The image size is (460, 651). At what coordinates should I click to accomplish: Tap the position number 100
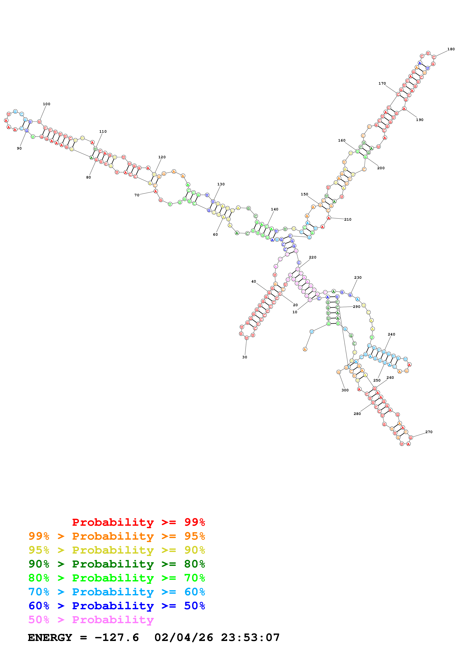(x=46, y=104)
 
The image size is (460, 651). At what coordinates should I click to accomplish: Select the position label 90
(x=19, y=148)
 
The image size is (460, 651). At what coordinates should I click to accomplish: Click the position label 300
(x=345, y=390)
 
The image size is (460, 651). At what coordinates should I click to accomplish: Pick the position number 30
(x=245, y=357)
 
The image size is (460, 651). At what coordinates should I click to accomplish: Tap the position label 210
(x=348, y=220)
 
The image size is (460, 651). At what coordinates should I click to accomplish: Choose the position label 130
(x=221, y=184)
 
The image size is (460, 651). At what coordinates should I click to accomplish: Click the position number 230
(x=358, y=278)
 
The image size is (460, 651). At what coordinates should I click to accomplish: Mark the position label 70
(x=137, y=195)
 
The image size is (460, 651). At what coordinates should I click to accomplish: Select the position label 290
(x=356, y=307)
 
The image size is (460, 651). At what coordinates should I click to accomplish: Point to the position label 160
(x=342, y=140)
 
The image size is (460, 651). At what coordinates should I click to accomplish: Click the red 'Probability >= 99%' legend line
(x=138, y=522)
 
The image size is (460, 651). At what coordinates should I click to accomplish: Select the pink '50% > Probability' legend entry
(x=91, y=619)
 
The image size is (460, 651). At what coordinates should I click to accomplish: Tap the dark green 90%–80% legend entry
(x=117, y=564)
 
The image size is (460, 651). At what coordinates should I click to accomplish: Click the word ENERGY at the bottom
(x=50, y=637)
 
